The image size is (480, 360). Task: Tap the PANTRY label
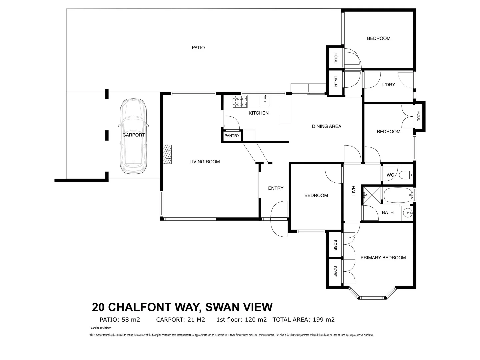coord(232,136)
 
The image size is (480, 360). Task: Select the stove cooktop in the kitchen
coord(240,102)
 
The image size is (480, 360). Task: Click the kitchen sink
coord(265,101)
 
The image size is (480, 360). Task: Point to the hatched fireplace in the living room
coord(168,154)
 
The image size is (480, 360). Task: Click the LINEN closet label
coord(336,81)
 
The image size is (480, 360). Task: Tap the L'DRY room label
coord(388,85)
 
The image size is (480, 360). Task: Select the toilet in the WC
coord(407,175)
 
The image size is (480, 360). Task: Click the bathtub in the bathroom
coord(398,195)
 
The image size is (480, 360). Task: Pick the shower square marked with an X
coord(372,194)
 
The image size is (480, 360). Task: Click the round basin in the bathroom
coord(407,212)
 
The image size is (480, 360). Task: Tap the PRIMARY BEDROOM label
coord(383,258)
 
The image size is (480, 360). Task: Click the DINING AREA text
coord(326,126)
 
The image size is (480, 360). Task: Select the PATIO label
coord(198,48)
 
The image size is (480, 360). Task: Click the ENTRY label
coord(276,188)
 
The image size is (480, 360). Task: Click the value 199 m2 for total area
coord(323,320)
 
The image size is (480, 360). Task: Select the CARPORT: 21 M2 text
coord(180,320)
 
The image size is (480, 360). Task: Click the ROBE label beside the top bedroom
coord(335,58)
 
